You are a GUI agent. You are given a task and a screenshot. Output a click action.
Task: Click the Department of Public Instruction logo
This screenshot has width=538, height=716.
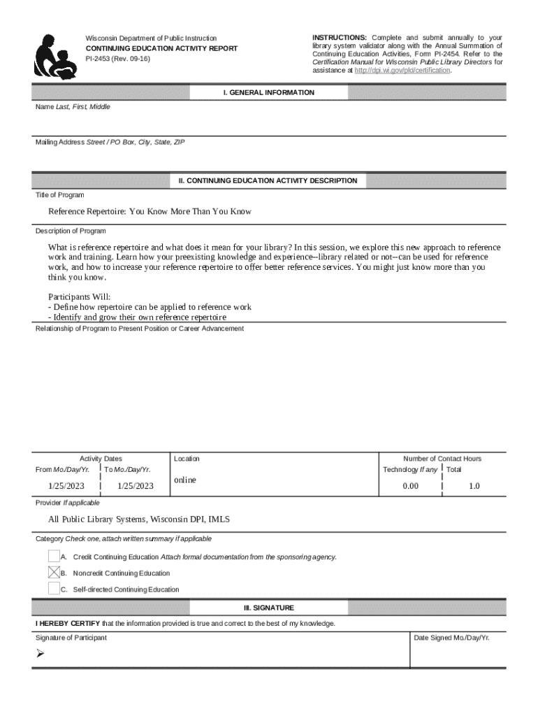pos(54,57)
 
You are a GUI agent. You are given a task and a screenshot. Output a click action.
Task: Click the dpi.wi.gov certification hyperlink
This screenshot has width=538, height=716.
pos(402,71)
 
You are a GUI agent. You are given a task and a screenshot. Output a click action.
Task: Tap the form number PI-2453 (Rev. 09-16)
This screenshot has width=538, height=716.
pos(117,59)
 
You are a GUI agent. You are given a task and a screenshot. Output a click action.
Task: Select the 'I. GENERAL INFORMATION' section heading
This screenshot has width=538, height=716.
pos(268,93)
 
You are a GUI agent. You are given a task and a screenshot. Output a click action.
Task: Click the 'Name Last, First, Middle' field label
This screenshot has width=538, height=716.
pos(73,107)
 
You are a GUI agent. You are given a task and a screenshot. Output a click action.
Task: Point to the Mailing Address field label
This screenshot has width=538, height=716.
pos(110,142)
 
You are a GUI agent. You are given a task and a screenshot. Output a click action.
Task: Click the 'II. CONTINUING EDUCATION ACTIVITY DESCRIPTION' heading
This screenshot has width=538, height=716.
pos(268,181)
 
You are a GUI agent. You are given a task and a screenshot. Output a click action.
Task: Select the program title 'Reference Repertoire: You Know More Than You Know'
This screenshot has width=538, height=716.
pos(150,211)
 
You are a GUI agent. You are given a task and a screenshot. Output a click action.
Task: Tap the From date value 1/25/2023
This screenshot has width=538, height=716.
pos(66,486)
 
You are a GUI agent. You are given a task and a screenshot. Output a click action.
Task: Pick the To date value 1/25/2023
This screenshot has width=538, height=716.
pos(135,486)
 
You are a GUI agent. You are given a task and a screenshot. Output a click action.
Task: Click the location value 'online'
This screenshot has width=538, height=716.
pos(185,480)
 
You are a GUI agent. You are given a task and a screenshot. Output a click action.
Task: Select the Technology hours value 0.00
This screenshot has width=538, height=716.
pos(410,486)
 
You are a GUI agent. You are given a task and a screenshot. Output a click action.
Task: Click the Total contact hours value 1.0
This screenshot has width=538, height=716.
pos(474,486)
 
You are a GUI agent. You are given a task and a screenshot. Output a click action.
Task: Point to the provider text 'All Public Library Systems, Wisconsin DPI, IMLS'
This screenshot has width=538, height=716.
pos(138,520)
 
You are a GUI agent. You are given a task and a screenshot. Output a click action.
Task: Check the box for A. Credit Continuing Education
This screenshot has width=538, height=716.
pos(54,557)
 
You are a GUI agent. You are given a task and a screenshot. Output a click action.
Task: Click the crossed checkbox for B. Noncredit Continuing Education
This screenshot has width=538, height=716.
pos(54,573)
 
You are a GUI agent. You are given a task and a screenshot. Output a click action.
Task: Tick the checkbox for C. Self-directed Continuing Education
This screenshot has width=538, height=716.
pos(54,589)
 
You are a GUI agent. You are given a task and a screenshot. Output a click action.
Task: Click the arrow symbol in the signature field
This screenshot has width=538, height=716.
pos(41,654)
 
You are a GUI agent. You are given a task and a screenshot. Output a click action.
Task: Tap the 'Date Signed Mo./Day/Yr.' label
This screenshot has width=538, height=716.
pos(451,638)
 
